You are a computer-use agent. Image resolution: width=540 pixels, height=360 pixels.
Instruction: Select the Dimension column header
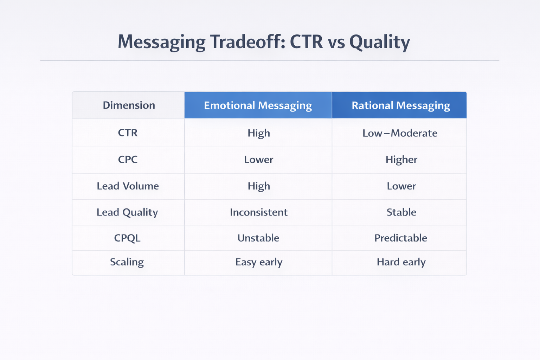tap(129, 105)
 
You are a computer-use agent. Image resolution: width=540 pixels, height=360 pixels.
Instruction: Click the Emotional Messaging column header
tap(258, 105)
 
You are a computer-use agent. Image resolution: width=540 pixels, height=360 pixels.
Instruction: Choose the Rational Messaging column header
tap(401, 105)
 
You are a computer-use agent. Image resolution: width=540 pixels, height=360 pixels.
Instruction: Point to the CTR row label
tap(128, 133)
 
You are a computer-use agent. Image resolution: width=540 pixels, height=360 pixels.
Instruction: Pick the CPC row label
tap(128, 160)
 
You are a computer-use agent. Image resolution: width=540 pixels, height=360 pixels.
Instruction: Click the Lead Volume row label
tap(128, 186)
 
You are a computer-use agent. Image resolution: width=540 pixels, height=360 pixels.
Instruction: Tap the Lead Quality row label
tap(127, 212)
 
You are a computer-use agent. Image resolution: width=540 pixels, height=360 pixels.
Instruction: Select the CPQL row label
tap(127, 238)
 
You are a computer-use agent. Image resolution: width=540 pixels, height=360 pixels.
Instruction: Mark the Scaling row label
tap(127, 262)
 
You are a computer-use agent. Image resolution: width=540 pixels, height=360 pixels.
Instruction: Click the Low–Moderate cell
tap(400, 133)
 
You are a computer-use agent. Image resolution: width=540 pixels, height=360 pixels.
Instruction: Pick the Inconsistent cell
tap(258, 212)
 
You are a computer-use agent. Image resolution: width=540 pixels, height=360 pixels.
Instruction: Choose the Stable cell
tap(401, 212)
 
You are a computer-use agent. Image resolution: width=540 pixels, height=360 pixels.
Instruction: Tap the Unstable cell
tap(258, 238)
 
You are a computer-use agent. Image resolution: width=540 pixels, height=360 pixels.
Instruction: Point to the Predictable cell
tap(400, 238)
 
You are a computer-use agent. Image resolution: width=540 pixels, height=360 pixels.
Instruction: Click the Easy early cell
tap(258, 262)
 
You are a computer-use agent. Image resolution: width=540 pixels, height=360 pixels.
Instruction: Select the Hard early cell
tap(401, 262)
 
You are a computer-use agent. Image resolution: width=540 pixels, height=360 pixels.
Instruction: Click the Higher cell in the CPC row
tap(401, 160)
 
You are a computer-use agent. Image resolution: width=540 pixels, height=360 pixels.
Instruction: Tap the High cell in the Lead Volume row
tap(259, 186)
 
